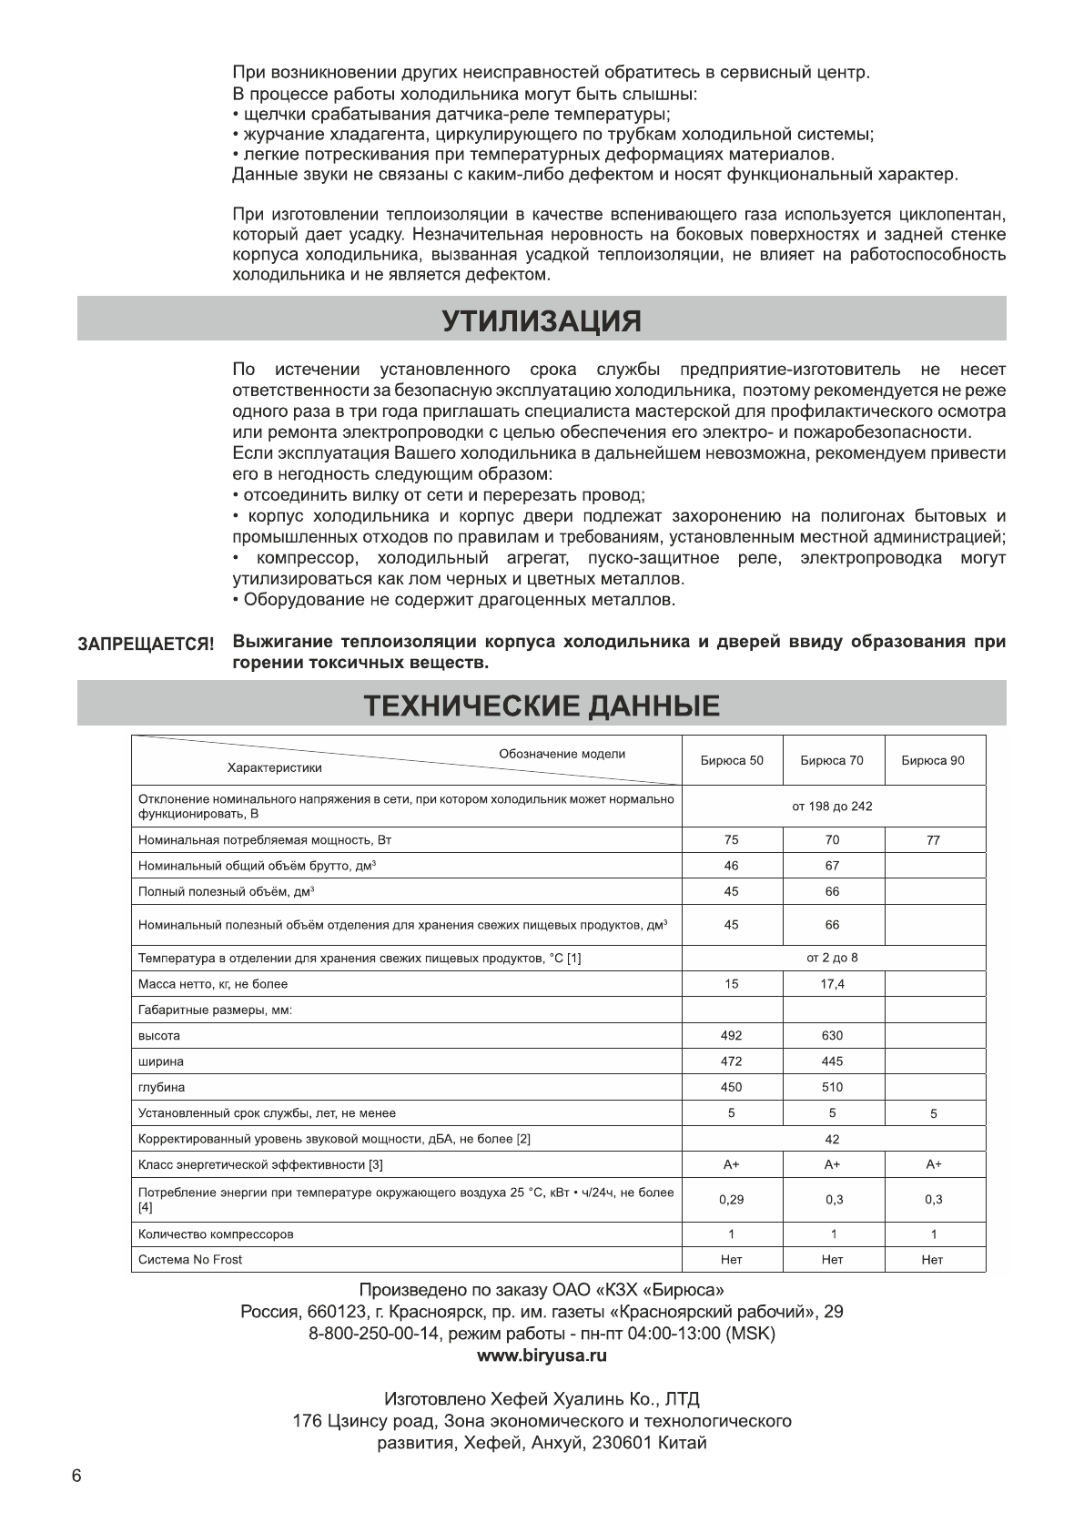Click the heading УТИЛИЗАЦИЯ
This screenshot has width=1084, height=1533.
tap(542, 320)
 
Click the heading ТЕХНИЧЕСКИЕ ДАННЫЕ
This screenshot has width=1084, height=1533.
tap(542, 706)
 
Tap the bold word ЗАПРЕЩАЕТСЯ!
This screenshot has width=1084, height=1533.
tap(146, 644)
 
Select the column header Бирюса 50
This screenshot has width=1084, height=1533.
tap(732, 761)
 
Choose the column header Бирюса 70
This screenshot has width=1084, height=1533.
tap(832, 761)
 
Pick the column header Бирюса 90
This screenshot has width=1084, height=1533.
tap(933, 761)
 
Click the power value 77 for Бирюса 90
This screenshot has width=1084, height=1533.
tap(933, 841)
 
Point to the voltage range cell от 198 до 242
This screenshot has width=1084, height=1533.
tap(832, 807)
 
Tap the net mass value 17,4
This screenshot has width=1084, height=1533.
tap(832, 984)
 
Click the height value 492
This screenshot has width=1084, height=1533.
tap(731, 1035)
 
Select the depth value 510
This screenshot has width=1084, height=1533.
tap(832, 1087)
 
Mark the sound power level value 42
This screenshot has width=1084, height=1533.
tap(832, 1139)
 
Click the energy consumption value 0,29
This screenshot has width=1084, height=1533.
tap(731, 1200)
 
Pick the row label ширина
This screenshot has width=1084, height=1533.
tap(160, 1061)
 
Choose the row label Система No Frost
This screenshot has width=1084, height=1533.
tap(190, 1260)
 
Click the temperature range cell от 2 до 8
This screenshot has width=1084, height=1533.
tap(832, 958)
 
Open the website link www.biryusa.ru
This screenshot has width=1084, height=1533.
tap(542, 1355)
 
